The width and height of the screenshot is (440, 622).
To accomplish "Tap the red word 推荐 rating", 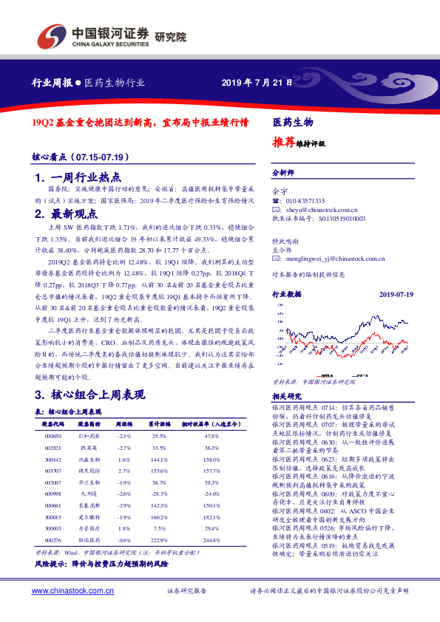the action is pyautogui.click(x=285, y=143).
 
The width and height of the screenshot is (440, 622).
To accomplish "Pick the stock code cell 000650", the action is pyautogui.click(x=53, y=437).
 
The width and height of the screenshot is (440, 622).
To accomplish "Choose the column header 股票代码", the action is pyautogui.click(x=53, y=425).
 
